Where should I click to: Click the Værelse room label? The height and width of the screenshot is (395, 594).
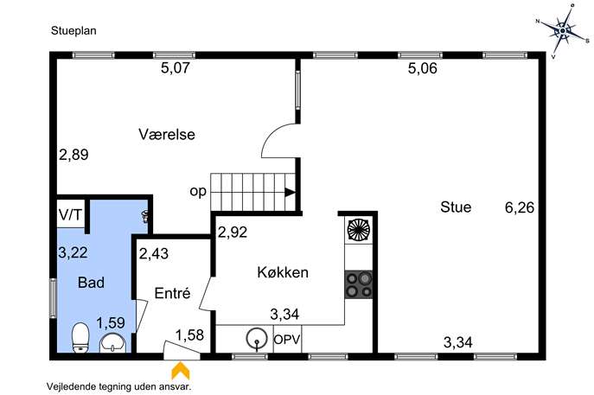[167, 135]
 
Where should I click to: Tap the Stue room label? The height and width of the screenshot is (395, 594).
[456, 207]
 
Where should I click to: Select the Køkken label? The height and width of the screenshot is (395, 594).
[283, 272]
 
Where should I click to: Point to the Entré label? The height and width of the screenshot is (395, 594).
[172, 293]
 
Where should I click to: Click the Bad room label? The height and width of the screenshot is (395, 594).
[92, 283]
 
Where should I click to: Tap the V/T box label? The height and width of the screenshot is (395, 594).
[70, 215]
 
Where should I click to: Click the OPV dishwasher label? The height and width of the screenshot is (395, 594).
[287, 339]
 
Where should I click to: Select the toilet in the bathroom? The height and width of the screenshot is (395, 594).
[80, 337]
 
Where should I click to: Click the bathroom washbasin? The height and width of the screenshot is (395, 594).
[112, 343]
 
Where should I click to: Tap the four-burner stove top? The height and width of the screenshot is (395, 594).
[358, 284]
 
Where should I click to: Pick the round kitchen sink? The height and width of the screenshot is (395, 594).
[257, 339]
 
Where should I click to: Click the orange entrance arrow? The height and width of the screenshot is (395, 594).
[181, 371]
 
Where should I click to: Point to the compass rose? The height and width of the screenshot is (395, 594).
[563, 30]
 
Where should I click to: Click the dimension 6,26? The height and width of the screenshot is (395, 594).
[520, 207]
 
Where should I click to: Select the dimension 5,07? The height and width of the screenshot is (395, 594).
[175, 68]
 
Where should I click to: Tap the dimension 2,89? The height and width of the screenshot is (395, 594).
[73, 155]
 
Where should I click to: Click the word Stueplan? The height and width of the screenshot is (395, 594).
[73, 30]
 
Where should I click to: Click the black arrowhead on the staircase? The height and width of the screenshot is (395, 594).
[291, 193]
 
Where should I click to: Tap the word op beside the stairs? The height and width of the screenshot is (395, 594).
[198, 192]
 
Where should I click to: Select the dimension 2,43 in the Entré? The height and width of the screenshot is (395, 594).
[154, 253]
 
